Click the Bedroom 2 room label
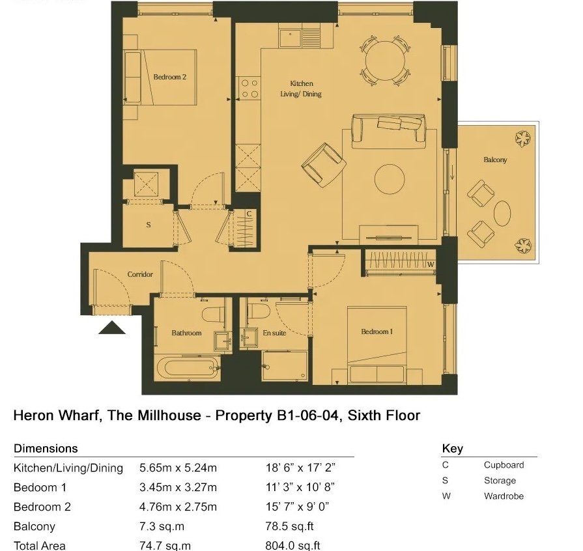pyautogui.click(x=169, y=77)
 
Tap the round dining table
pyautogui.click(x=385, y=61)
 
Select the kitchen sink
pyautogui.click(x=290, y=38)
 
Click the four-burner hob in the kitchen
pyautogui.click(x=249, y=89)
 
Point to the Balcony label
pyautogui.click(x=495, y=160)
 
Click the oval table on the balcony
pyautogui.click(x=502, y=214)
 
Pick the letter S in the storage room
pyautogui.click(x=149, y=225)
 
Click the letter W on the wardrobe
pyautogui.click(x=431, y=264)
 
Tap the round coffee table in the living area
pyautogui.click(x=390, y=179)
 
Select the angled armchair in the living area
pyautogui.click(x=324, y=165)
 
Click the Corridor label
pyautogui.click(x=140, y=274)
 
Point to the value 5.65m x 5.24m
pyautogui.click(x=178, y=468)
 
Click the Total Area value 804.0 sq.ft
pyautogui.click(x=292, y=546)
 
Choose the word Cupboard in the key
pyautogui.click(x=504, y=465)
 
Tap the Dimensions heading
pyautogui.click(x=46, y=448)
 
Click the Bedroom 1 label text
pyautogui.click(x=377, y=332)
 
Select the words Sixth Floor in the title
pyautogui.click(x=384, y=416)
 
